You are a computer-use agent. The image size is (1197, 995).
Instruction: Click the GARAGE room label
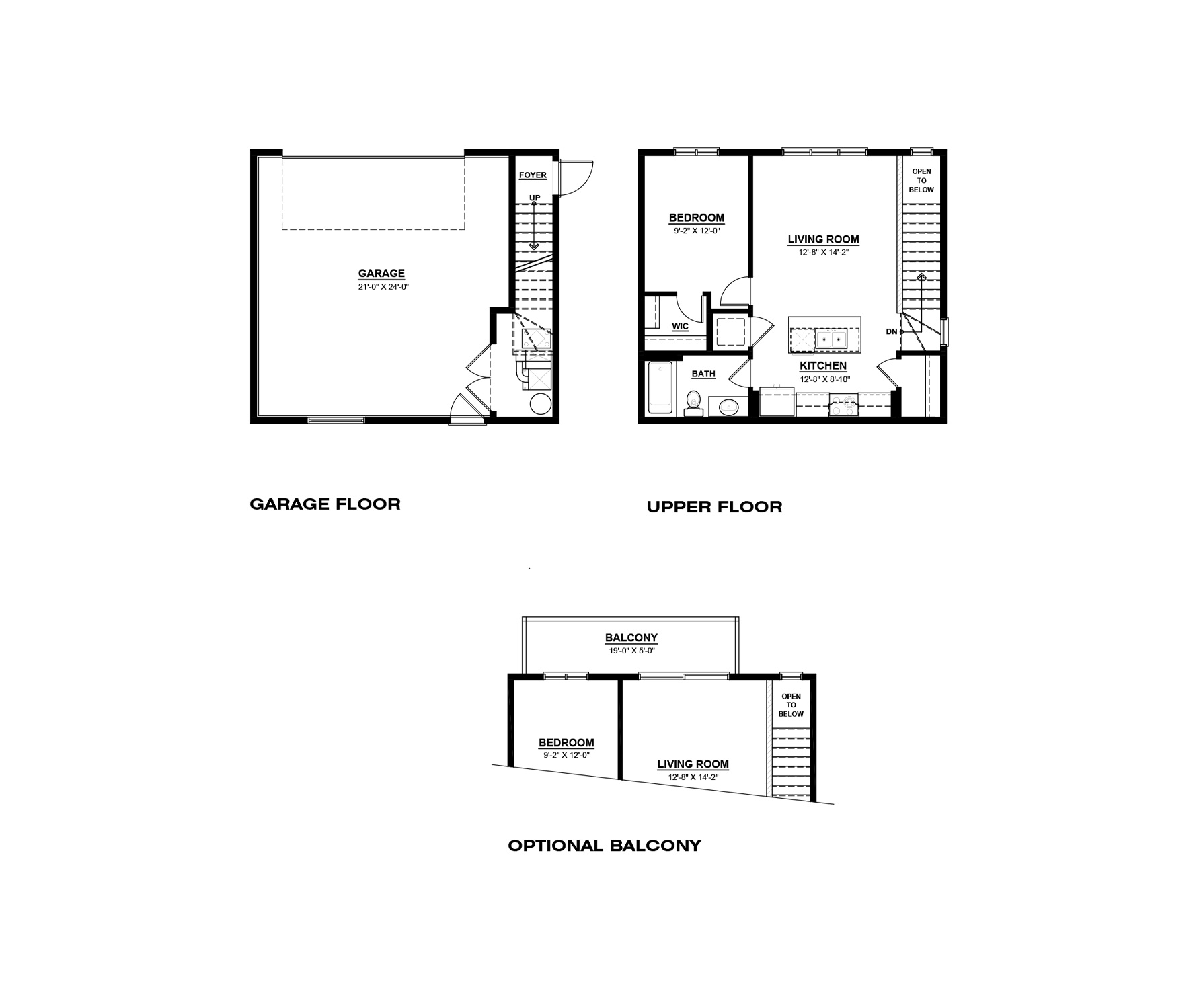381,273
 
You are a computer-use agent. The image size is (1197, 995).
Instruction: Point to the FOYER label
533,175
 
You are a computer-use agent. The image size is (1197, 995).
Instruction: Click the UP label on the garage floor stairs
535,198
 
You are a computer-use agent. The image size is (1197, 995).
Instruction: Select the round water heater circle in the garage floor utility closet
541,404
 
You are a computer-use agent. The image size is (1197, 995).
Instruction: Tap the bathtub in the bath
660,389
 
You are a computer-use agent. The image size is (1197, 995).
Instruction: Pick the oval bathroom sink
729,407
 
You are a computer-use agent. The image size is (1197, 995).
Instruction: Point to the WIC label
681,327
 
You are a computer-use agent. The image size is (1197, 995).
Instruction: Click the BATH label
703,374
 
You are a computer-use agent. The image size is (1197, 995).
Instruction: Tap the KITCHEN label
823,366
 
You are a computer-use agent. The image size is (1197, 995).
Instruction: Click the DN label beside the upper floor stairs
892,332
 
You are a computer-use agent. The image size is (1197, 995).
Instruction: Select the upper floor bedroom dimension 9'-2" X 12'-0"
697,231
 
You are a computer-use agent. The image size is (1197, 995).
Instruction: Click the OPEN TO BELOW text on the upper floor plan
921,181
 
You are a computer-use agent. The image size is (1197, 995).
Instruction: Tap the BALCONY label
631,638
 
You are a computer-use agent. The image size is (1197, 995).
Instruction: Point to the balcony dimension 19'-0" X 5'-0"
631,651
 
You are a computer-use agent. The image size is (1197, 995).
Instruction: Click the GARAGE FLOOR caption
325,504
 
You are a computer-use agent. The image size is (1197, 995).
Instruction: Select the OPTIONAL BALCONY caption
605,846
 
